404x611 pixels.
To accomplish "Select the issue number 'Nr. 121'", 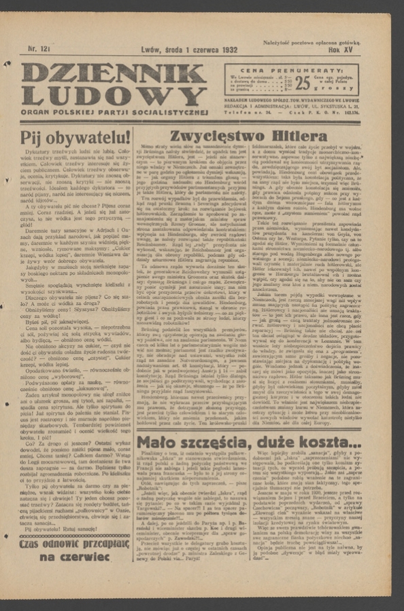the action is [39, 49].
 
